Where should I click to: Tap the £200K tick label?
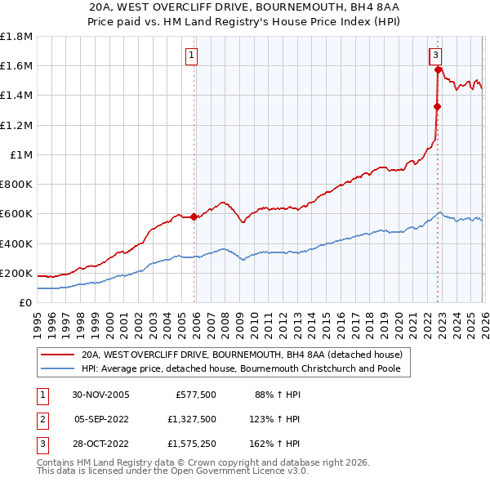point(16,273)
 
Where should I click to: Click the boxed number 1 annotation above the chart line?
point(191,56)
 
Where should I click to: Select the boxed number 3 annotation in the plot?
point(436,56)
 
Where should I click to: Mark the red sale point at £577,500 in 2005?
point(194,216)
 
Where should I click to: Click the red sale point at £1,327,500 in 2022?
point(437,106)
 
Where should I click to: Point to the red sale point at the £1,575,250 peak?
point(439,69)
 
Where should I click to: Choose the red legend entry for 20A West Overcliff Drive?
point(241,355)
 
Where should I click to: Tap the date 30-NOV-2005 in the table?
point(101,394)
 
